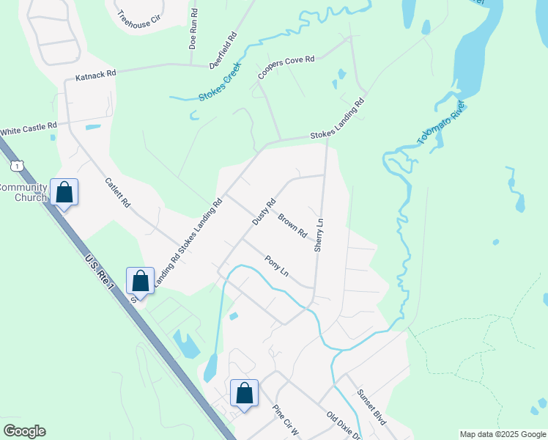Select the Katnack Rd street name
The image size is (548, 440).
pyautogui.click(x=96, y=76)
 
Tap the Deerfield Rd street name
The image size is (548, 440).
pyautogui.click(x=223, y=50)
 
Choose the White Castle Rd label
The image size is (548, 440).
pyautogui.click(x=29, y=131)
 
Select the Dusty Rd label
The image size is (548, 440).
pyautogui.click(x=263, y=211)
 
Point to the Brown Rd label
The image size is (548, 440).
pyautogui.click(x=292, y=225)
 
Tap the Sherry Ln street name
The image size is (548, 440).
pyautogui.click(x=319, y=235)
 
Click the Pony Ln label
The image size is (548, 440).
pyautogui.click(x=277, y=265)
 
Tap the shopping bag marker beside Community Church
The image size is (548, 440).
pyautogui.click(x=64, y=192)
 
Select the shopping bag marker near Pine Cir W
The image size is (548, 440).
pyautogui.click(x=245, y=392)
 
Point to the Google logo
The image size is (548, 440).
pyautogui.click(x=24, y=430)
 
